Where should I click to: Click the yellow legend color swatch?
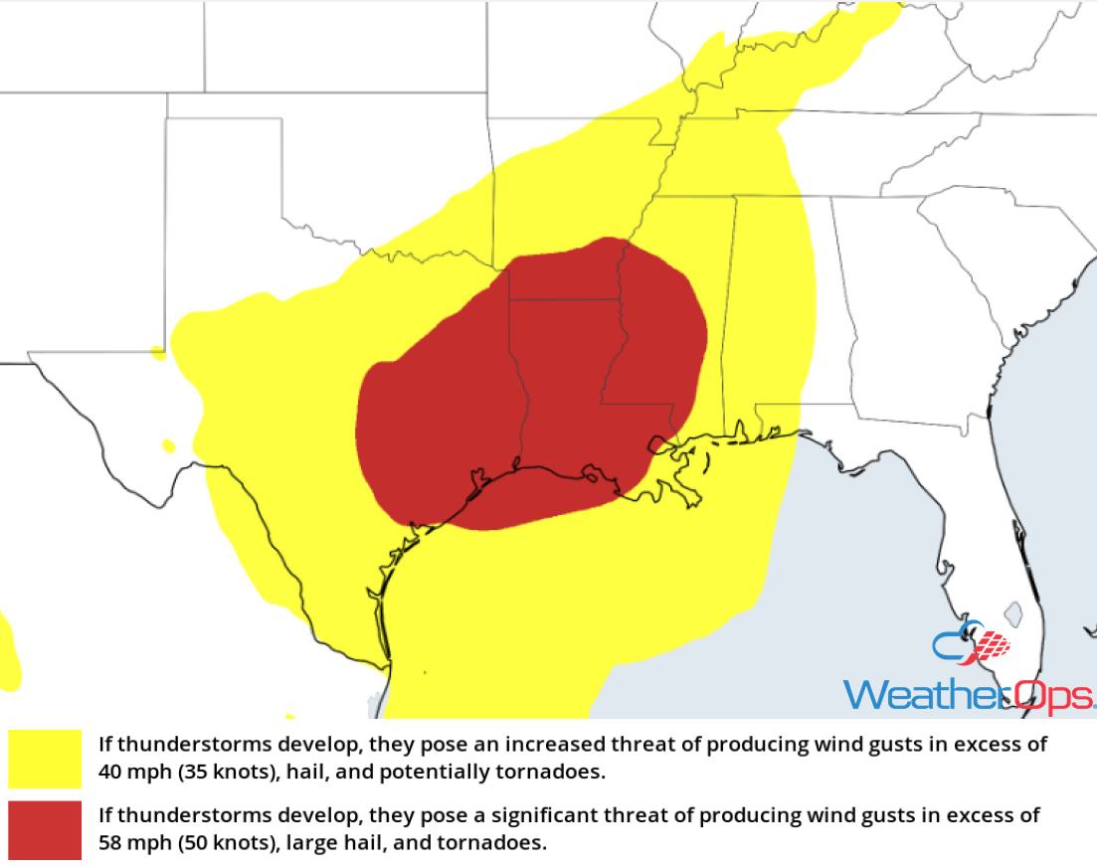45,759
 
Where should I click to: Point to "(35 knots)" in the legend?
216,771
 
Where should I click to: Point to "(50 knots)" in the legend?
216,842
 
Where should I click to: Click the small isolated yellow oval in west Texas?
168,445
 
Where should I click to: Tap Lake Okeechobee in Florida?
1011,612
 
